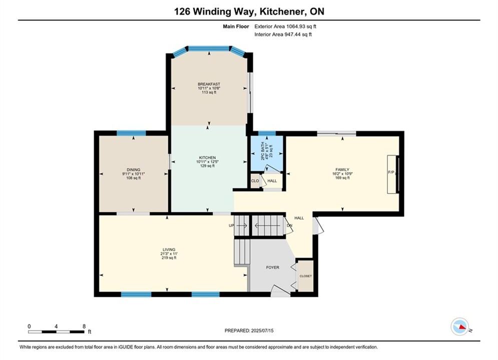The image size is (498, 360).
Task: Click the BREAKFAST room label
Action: pyautogui.click(x=209, y=84)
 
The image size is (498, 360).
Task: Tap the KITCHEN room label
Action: pyautogui.click(x=207, y=157)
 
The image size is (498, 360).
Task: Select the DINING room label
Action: pyautogui.click(x=134, y=170)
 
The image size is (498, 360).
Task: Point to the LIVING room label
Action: pyautogui.click(x=169, y=249)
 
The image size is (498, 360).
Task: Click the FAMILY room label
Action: pyautogui.click(x=342, y=169)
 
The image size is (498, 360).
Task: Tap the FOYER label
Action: pyautogui.click(x=272, y=267)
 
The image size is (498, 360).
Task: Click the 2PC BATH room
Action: pyautogui.click(x=267, y=153)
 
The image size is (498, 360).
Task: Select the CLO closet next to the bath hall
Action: pyautogui.click(x=255, y=181)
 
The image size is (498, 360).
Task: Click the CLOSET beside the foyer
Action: pyautogui.click(x=305, y=276)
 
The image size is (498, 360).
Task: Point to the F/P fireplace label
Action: pyautogui.click(x=391, y=172)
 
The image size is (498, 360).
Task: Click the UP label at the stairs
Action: pyautogui.click(x=231, y=225)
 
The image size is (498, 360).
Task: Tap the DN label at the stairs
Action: pyautogui.click(x=289, y=225)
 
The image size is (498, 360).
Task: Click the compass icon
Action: pyautogui.click(x=459, y=326)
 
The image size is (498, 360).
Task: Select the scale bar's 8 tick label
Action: pyautogui.click(x=84, y=326)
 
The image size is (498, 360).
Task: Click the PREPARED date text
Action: pyautogui.click(x=249, y=330)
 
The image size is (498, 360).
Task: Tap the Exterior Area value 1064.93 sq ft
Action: pyautogui.click(x=301, y=26)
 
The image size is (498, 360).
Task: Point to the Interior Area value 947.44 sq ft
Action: pyautogui.click(x=298, y=34)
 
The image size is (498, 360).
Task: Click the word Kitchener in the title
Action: pyautogui.click(x=280, y=11)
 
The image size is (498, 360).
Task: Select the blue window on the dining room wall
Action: pyautogui.click(x=131, y=133)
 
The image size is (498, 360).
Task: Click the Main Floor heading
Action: pyautogui.click(x=236, y=26)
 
